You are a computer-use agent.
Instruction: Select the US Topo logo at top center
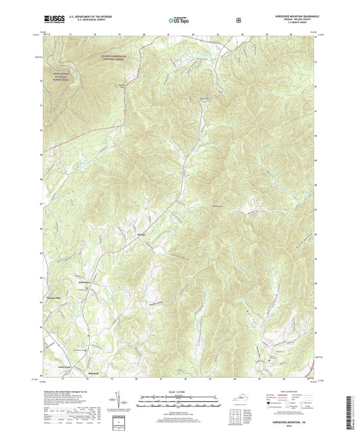point(180,22)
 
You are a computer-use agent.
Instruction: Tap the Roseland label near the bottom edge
point(95,372)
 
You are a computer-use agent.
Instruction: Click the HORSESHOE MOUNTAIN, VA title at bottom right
point(292,419)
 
